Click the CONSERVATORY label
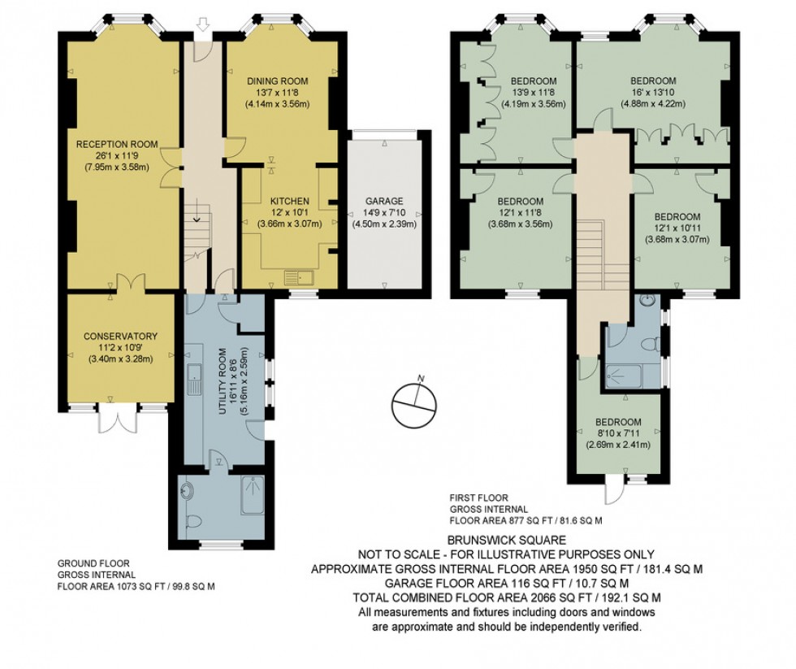click(120, 337)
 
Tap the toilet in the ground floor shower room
click(190, 521)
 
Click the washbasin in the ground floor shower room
click(188, 490)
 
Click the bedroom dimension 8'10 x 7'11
click(618, 433)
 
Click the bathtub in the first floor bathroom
click(624, 376)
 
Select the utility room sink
click(197, 376)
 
